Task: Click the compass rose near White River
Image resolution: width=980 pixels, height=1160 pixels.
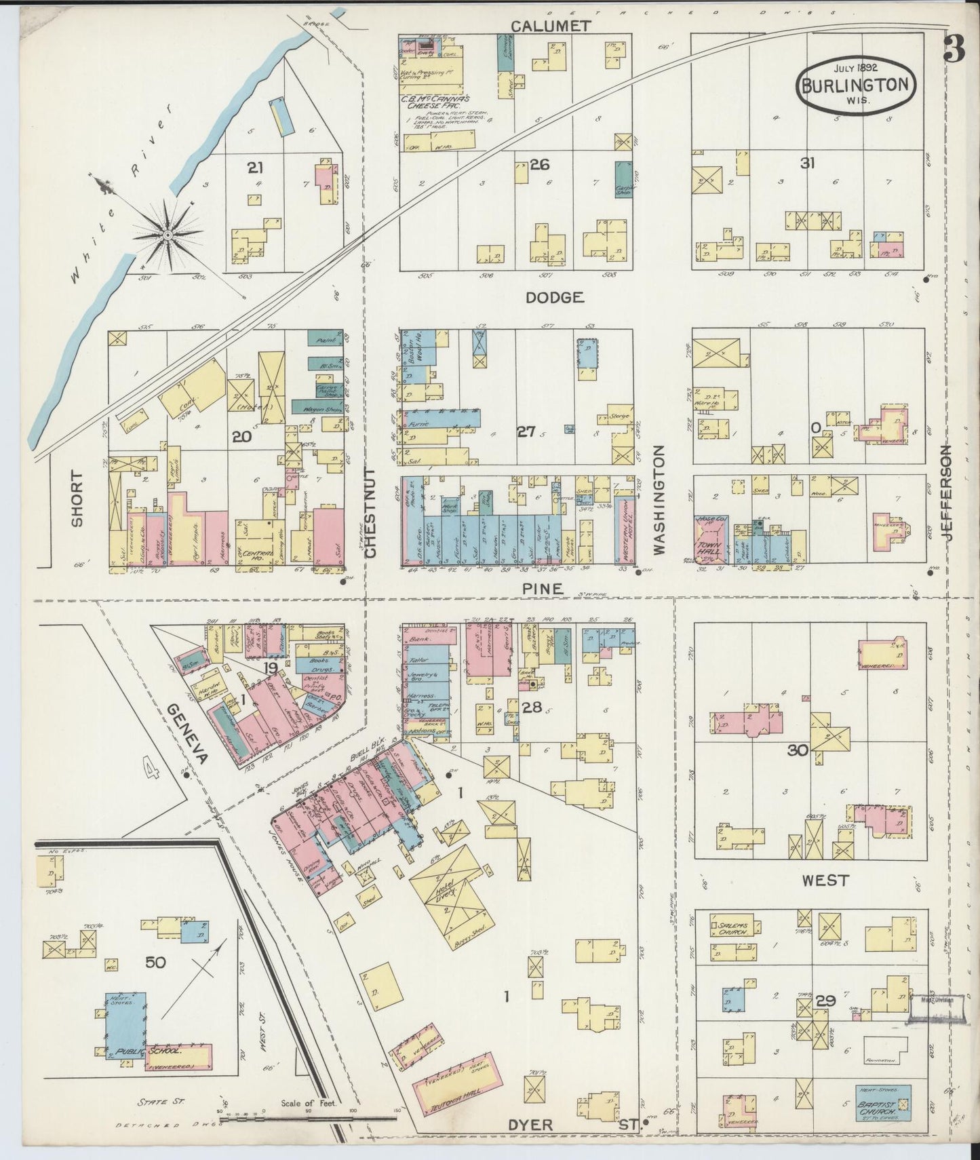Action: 167,235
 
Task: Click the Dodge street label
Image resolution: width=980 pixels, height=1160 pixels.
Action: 554,297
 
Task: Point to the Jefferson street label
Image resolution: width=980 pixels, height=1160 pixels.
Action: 947,502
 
